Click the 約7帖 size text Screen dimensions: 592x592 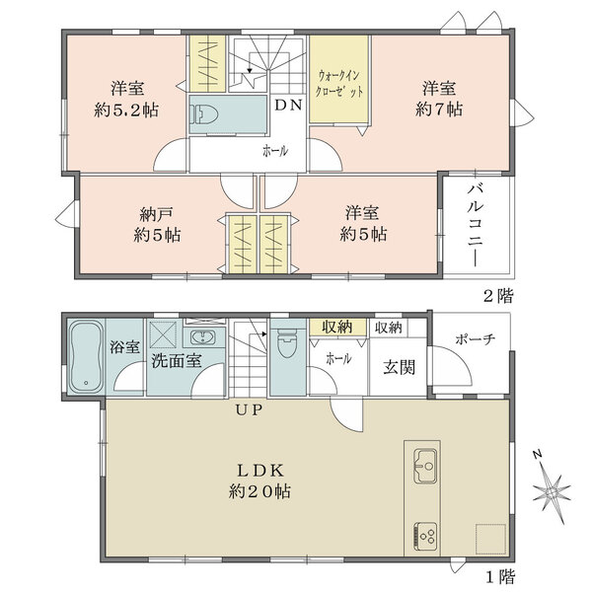440,110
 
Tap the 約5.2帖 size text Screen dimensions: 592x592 128,110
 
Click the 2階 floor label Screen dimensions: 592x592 497,294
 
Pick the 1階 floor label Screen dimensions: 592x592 497,575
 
